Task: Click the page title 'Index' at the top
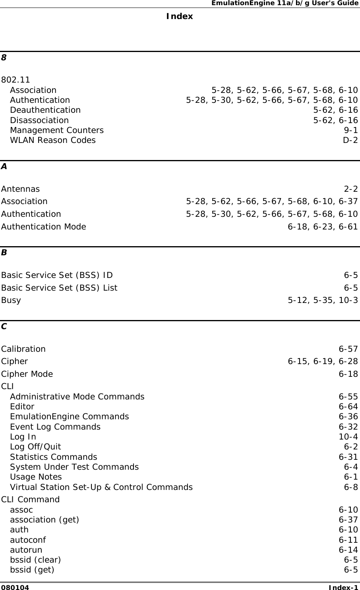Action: (180, 16)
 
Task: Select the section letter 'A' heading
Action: (4, 166)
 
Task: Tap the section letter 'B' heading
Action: (4, 253)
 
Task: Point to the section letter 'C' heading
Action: (4, 326)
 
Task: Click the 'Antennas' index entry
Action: (20, 189)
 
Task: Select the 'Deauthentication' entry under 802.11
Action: (45, 110)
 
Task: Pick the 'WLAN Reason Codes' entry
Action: (53, 140)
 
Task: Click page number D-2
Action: (350, 140)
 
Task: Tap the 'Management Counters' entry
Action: (57, 130)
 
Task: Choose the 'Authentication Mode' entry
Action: (43, 227)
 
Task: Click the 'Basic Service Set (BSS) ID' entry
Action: (57, 275)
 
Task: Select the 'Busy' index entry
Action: (11, 300)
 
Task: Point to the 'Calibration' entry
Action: (23, 349)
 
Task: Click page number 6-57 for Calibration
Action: (348, 349)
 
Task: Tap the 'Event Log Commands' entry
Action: (55, 427)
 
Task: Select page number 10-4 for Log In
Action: (348, 437)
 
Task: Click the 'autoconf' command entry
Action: (28, 540)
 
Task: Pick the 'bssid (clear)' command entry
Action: (35, 560)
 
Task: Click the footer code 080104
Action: (15, 587)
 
